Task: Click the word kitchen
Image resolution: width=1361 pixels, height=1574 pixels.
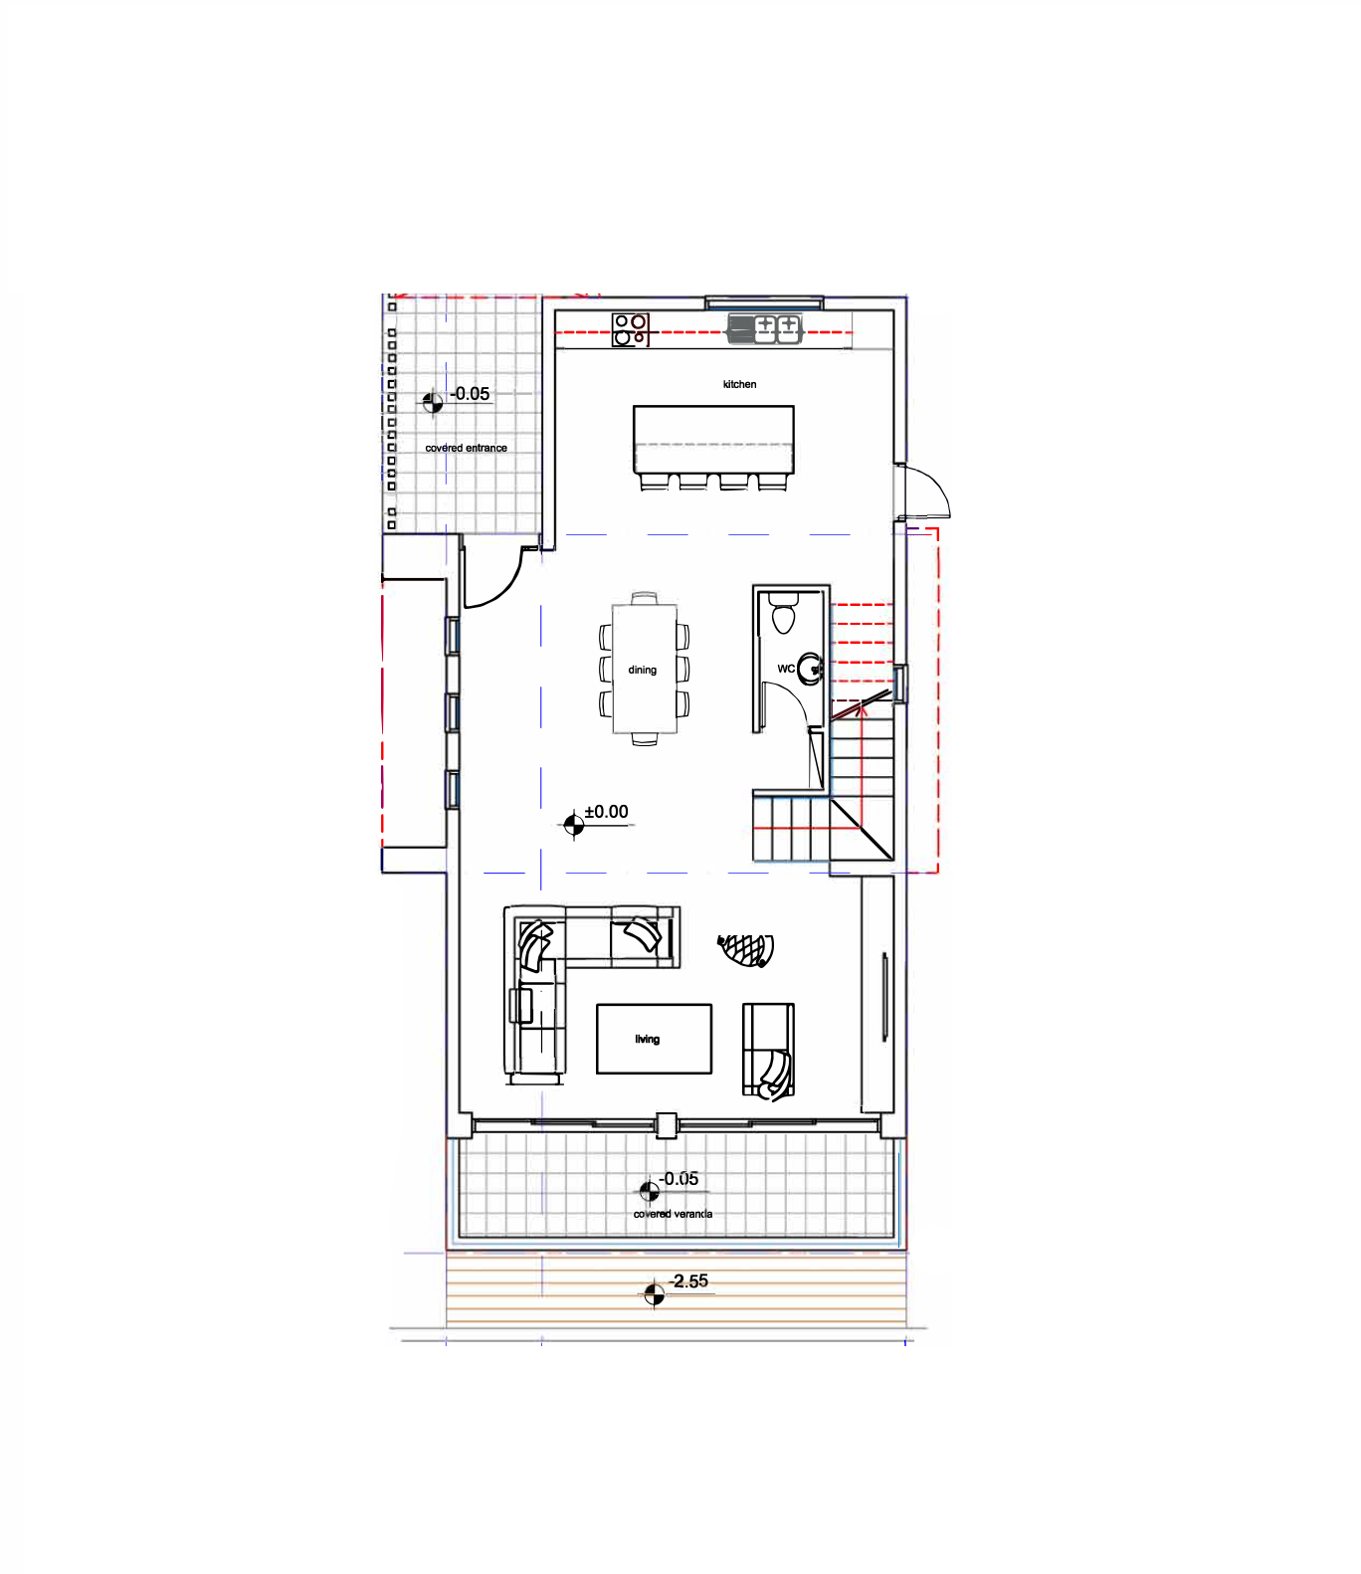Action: coord(739,384)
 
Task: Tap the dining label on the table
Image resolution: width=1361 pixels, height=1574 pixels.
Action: coord(643,670)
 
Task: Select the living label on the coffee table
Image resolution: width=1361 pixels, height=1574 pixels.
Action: coord(648,1039)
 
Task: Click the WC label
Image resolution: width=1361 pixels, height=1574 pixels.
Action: coord(786,669)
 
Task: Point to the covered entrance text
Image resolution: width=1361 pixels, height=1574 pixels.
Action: coord(466,448)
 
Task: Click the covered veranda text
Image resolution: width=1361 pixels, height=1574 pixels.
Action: coord(673,1214)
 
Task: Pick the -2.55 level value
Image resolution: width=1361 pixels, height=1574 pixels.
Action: coord(688,1280)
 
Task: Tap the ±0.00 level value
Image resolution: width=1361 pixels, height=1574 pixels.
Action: coord(606,812)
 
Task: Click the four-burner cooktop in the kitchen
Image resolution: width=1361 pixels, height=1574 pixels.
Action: coord(631,329)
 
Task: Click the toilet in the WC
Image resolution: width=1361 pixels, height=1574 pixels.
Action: coord(784,613)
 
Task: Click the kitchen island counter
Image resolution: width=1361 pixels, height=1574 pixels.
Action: coord(713,439)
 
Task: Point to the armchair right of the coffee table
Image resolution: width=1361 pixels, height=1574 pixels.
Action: coord(768,1051)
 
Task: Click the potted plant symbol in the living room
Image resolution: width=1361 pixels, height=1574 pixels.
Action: coord(746,949)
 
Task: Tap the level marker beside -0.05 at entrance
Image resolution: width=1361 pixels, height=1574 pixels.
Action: coord(432,402)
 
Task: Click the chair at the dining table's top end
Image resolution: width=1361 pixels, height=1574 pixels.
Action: coord(644,599)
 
